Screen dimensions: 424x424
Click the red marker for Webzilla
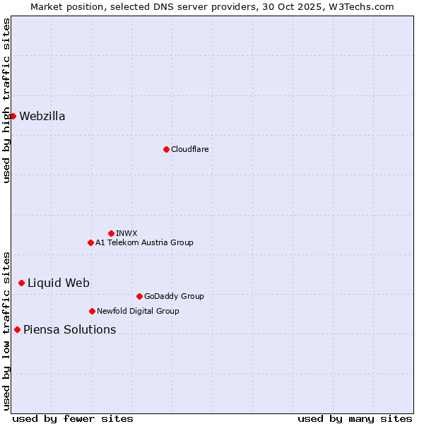(13, 116)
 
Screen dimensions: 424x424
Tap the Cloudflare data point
(166, 149)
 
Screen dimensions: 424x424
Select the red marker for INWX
(111, 233)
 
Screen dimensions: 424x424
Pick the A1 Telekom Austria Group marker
(90, 242)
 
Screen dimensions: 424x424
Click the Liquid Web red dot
(21, 283)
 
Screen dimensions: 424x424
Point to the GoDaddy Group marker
(139, 296)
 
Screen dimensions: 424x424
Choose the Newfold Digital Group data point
(92, 311)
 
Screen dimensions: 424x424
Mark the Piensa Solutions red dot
(17, 329)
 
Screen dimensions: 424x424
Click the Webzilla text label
(42, 117)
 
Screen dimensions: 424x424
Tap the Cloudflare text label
(189, 149)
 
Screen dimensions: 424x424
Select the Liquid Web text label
(59, 283)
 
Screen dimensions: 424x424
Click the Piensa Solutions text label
(70, 330)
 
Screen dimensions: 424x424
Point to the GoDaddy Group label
(174, 297)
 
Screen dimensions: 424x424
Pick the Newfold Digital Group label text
(138, 311)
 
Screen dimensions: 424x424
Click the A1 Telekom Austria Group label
(144, 243)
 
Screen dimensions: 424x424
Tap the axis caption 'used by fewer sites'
(73, 418)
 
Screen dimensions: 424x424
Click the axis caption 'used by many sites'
(355, 418)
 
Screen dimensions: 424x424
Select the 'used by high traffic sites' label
(6, 100)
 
